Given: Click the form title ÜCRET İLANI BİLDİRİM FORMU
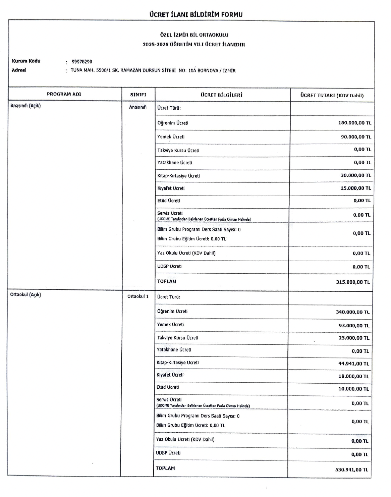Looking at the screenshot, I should tap(196, 14).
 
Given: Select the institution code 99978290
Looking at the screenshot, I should tap(82, 62).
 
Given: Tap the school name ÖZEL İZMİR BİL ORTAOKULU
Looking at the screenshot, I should tap(194, 35).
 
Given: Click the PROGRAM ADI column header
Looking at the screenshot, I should tap(64, 94).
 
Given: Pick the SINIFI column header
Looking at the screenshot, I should tap(138, 95).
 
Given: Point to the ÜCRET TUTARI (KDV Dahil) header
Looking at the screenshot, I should tap(332, 95).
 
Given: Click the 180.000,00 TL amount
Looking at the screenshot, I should tap(354, 123).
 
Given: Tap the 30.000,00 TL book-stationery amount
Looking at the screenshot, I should tap(355, 175).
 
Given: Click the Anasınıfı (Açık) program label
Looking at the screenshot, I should tap(25, 106).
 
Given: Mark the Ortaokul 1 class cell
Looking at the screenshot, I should tap(138, 296).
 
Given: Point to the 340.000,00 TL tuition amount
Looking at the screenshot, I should tap(352, 312).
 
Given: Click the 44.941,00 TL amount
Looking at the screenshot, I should tap(353, 364).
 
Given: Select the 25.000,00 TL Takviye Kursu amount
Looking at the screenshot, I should tap(354, 338).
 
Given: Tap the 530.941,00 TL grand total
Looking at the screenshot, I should tap(351, 470).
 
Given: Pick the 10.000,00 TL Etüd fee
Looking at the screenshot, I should tap(353, 389).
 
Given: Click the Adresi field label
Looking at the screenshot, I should tap(19, 70).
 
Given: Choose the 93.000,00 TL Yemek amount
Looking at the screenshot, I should tap(354, 326).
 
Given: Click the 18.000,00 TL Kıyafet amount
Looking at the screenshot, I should tap(353, 377).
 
